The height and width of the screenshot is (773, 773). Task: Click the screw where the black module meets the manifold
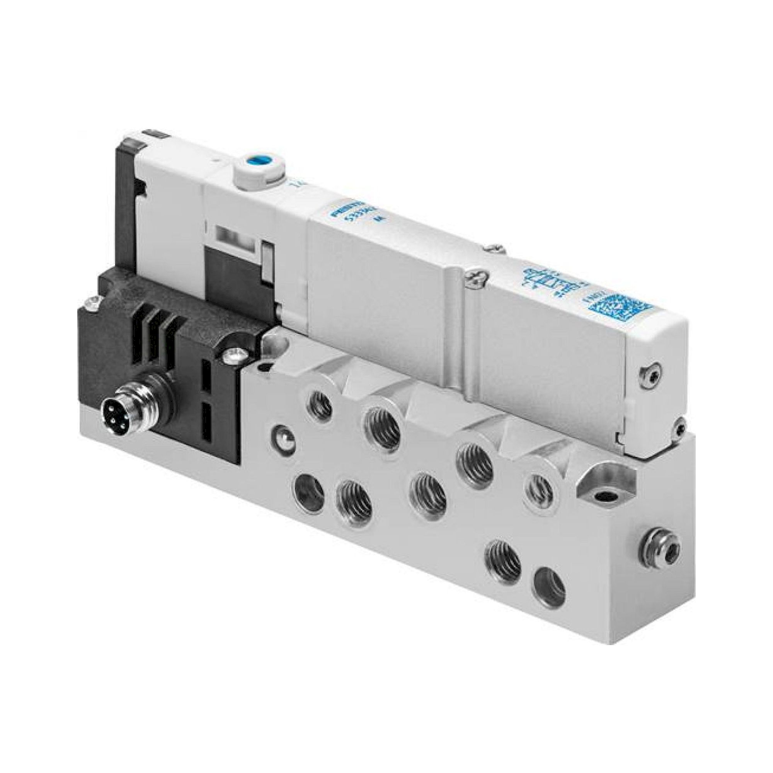point(235,354)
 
